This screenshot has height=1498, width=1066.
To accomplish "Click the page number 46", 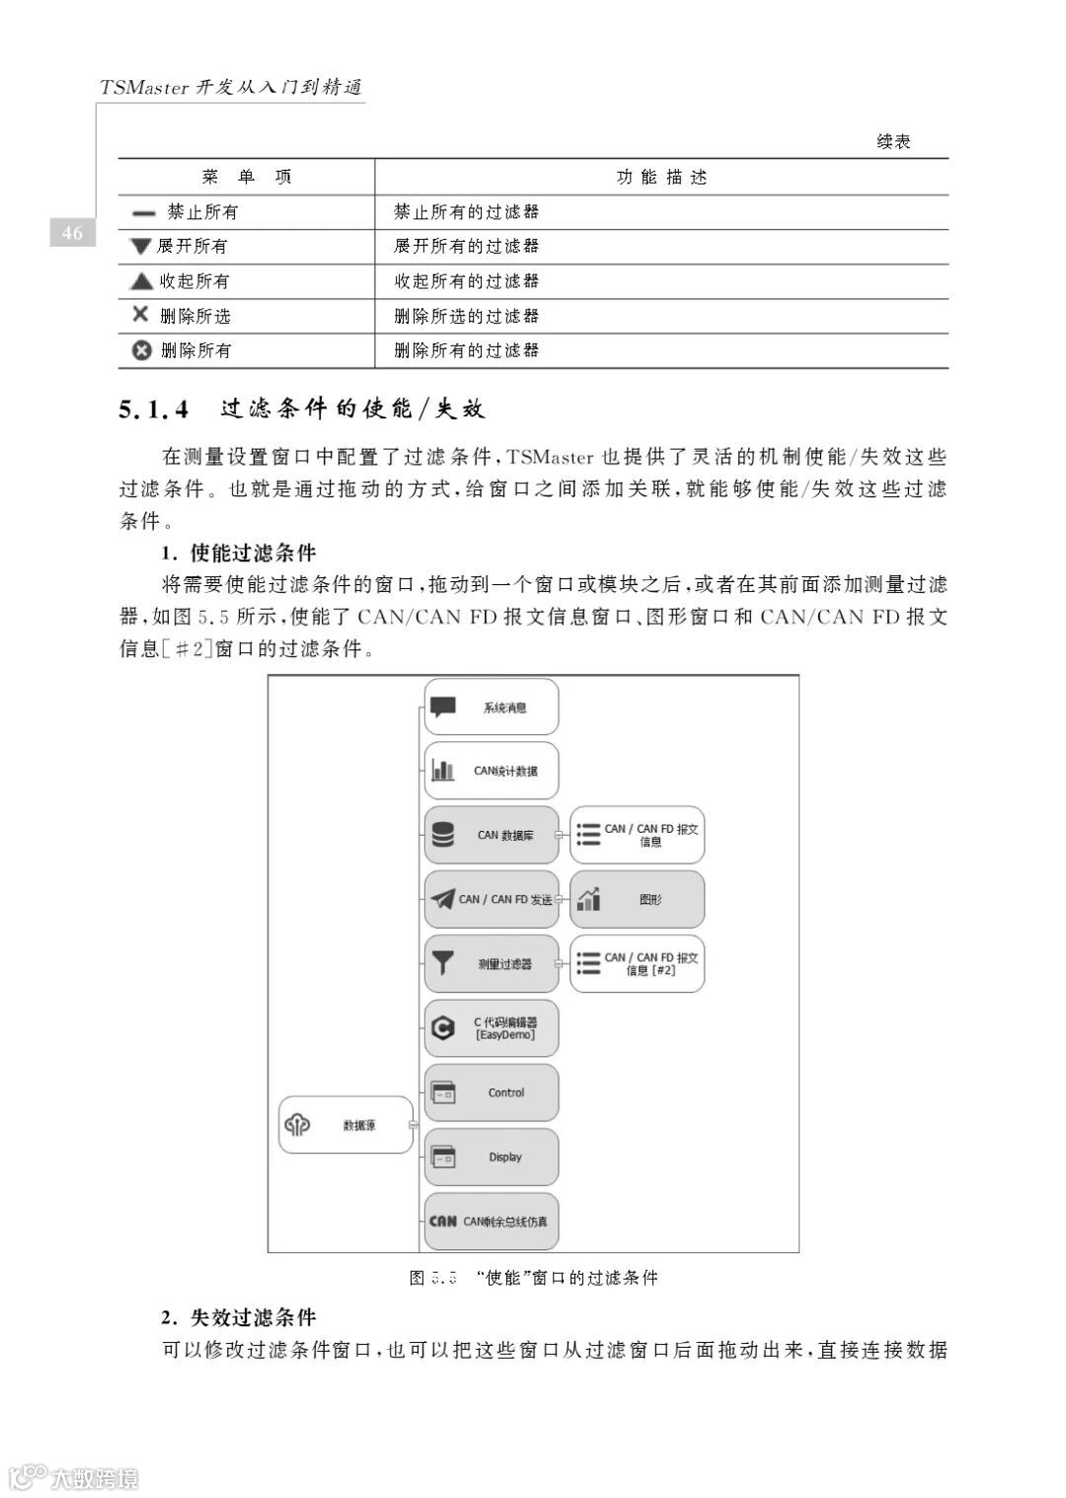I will (72, 233).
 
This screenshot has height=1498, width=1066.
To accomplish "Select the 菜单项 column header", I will (247, 177).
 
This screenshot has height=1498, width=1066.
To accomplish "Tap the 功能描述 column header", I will (661, 177).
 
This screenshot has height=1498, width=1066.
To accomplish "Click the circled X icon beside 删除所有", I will (142, 349).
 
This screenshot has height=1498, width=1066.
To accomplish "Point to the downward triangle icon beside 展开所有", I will (141, 246).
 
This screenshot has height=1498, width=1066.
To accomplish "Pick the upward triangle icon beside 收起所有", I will (141, 281).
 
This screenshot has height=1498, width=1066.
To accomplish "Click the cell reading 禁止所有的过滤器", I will (466, 211).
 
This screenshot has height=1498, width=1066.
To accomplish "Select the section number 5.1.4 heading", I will (154, 409).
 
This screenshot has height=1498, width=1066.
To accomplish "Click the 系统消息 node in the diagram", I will (492, 707).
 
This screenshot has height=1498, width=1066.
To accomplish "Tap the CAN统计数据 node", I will (492, 771).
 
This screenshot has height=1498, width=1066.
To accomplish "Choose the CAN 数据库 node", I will (492, 835).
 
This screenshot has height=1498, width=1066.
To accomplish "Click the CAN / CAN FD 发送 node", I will (492, 899).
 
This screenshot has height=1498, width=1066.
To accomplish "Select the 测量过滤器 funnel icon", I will (443, 963).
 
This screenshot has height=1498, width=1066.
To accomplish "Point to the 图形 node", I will (637, 899).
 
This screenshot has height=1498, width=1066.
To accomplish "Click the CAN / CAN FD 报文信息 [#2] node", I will (637, 963).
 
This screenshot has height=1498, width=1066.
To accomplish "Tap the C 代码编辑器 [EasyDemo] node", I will (492, 1028).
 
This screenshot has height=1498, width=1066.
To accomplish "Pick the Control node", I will (492, 1092).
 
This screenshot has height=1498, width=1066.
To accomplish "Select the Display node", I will (492, 1157).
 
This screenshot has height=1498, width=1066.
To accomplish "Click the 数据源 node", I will (345, 1124).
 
